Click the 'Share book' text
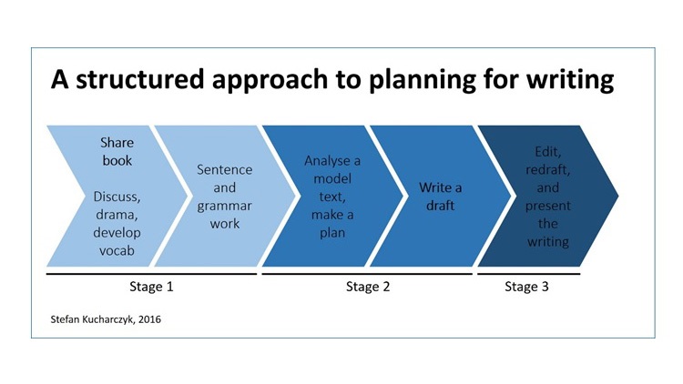117,152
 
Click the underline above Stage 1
151,271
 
